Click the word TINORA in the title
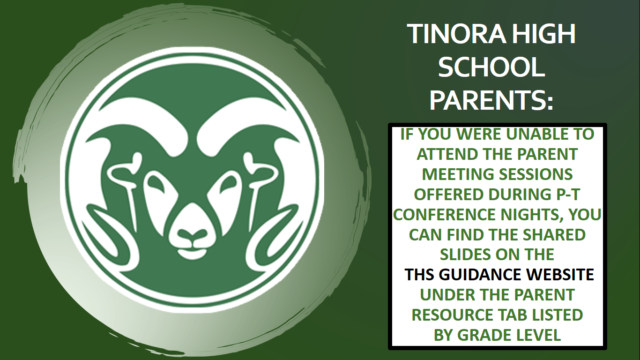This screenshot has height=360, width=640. coord(456,34)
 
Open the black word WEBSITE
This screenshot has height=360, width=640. coord(560,275)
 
